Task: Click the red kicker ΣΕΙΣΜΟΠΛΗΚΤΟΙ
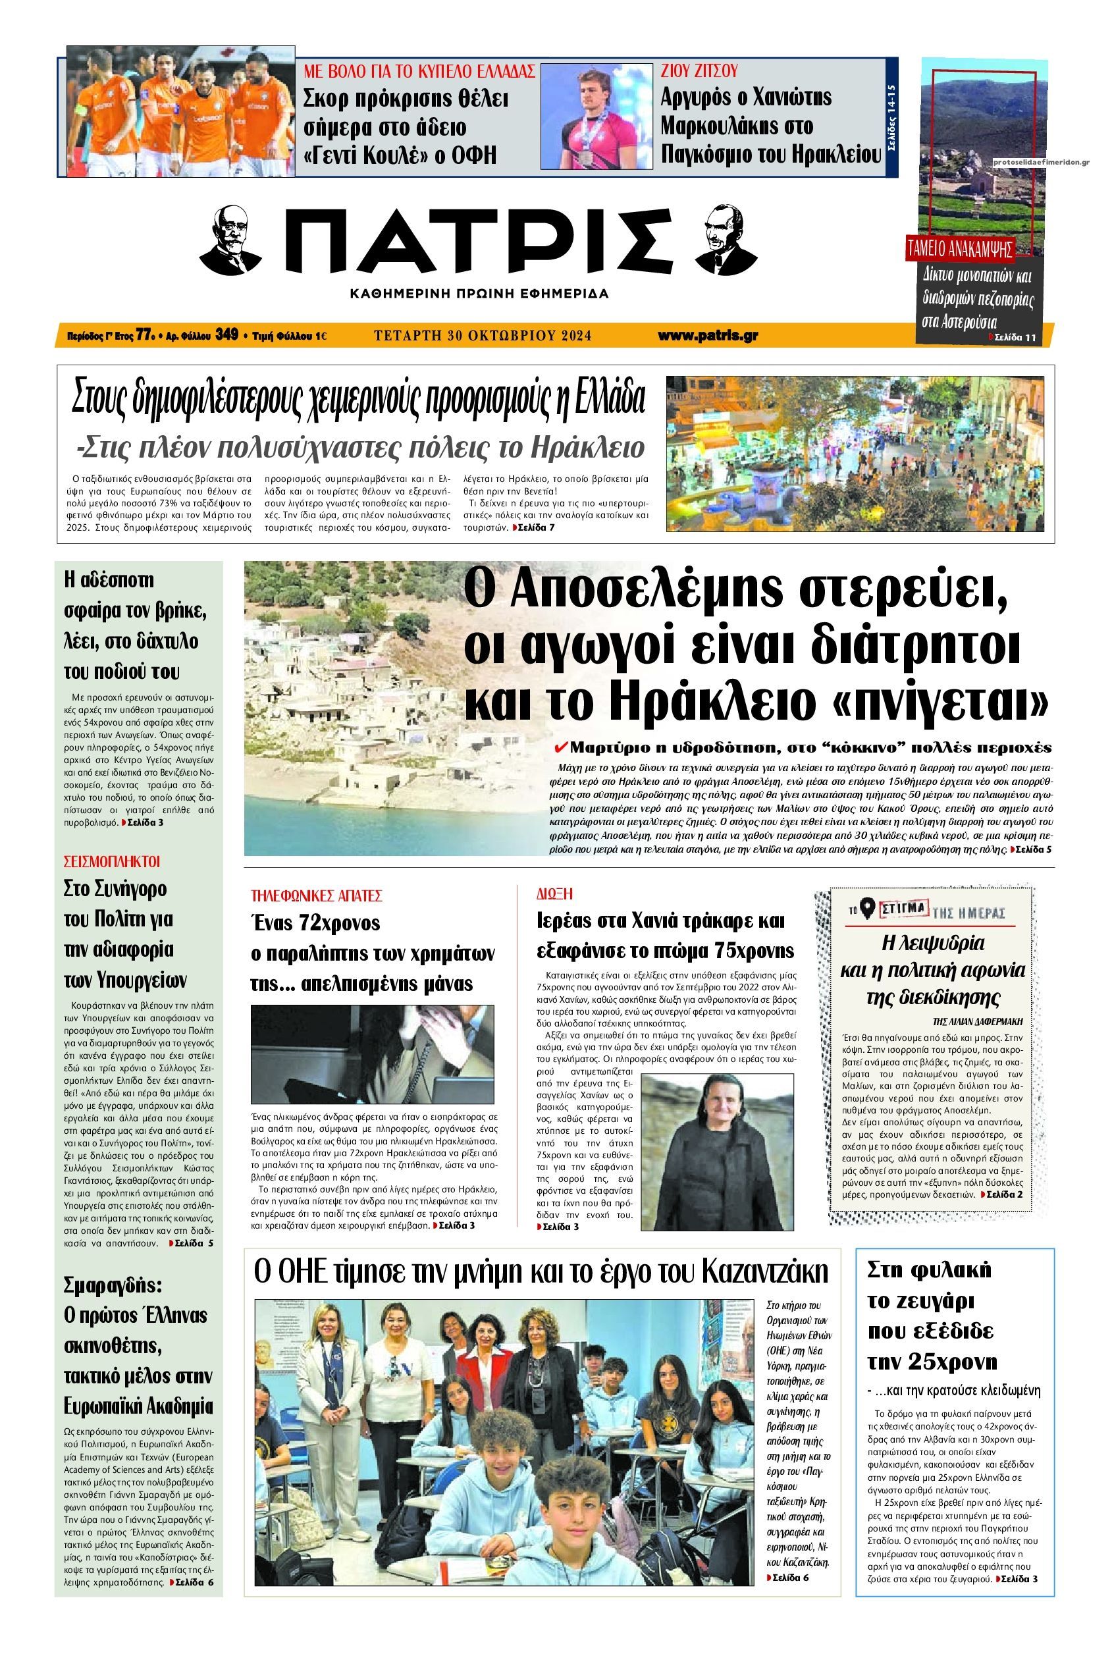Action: pos(112,862)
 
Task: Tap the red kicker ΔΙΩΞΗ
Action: pos(554,894)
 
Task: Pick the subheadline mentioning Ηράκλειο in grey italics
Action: pos(359,448)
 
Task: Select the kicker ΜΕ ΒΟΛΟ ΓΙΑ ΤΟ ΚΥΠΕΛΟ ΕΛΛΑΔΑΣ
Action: pos(419,71)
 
